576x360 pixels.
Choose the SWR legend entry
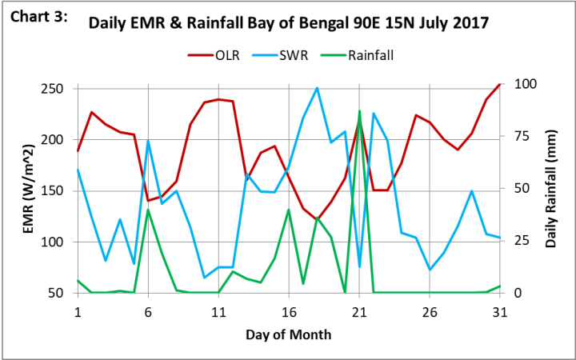coord(303,55)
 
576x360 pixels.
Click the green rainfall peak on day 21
coord(359,111)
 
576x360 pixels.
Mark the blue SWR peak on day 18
coord(317,88)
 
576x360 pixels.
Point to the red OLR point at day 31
coord(500,84)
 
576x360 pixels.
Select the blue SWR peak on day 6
coord(148,141)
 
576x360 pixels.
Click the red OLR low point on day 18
coord(317,220)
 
